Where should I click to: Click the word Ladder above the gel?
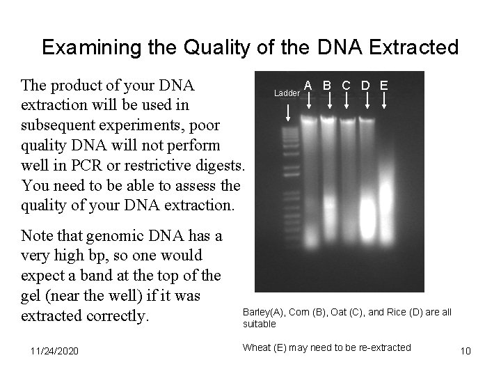(x=286, y=93)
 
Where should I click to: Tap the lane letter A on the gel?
(x=308, y=86)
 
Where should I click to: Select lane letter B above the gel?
(x=327, y=86)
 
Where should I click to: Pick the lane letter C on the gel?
(x=346, y=86)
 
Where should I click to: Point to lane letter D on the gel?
(x=365, y=86)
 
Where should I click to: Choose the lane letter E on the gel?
(x=384, y=86)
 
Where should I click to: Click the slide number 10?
(x=466, y=350)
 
